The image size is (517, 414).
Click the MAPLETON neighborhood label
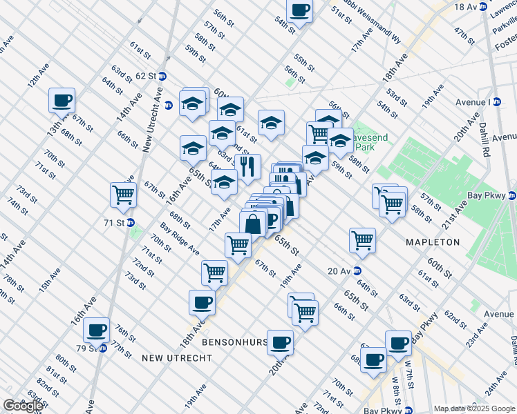pyautogui.click(x=433, y=242)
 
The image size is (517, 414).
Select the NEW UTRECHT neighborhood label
pyautogui.click(x=171, y=357)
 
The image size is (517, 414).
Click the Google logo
pyautogui.click(x=23, y=406)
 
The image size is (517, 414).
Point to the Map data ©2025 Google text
pyautogui.click(x=473, y=408)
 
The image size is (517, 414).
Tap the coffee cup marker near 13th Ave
pyautogui.click(x=62, y=101)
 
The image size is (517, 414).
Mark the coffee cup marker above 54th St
pyautogui.click(x=299, y=10)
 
